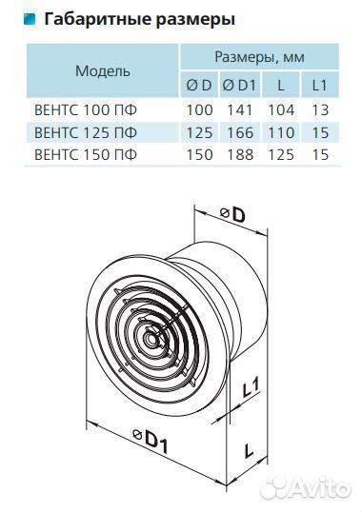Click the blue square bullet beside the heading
coord(30,19)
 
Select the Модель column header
coord(103,70)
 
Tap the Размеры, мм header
coord(259,57)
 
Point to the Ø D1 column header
coord(239,86)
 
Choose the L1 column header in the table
coord(319,86)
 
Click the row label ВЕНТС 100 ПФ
coord(86,110)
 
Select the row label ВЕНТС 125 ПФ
coord(86,132)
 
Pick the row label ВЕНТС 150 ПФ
coord(86,154)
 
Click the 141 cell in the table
coord(240,110)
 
